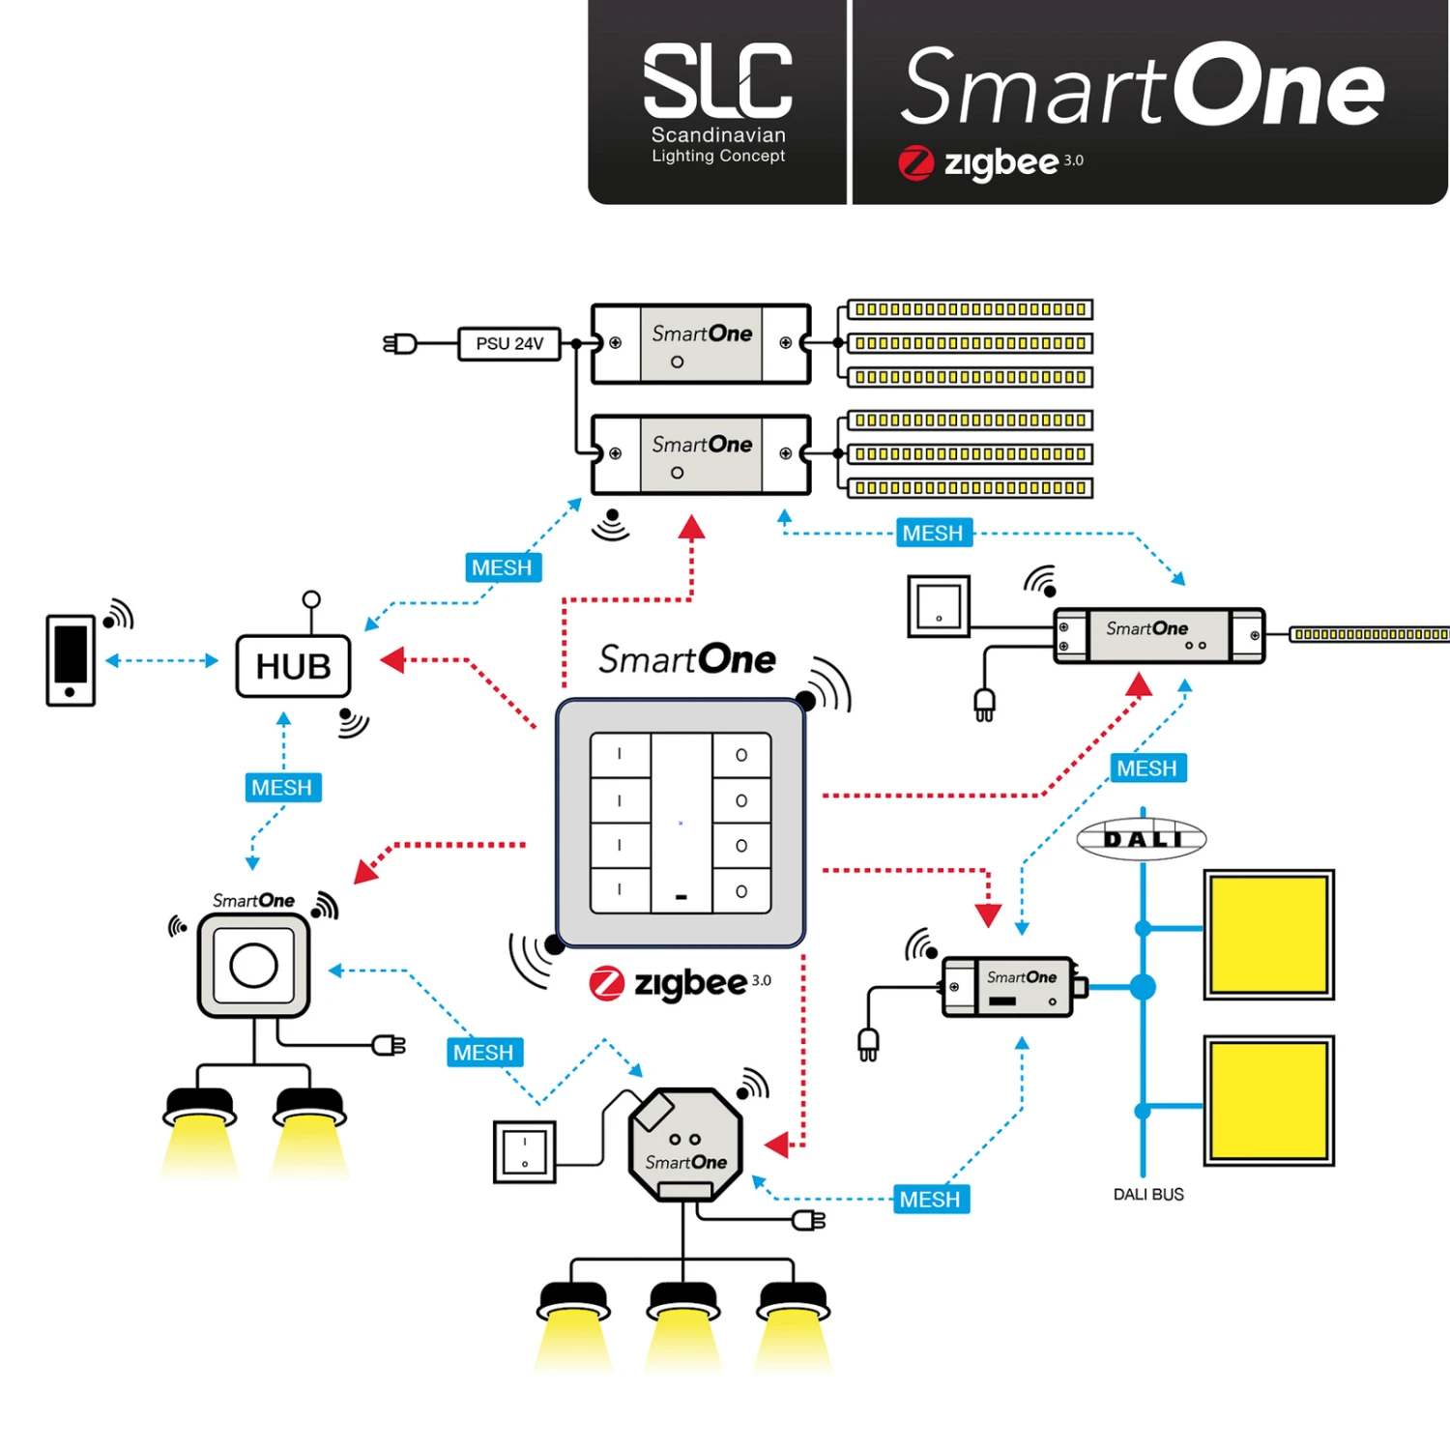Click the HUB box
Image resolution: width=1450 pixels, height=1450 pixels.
[x=293, y=666]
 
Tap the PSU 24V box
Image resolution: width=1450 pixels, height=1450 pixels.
[x=509, y=344]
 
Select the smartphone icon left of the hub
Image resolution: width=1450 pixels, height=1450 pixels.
[x=71, y=660]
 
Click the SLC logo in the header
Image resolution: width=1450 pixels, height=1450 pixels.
[x=717, y=101]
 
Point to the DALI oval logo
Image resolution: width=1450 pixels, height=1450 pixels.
[x=1142, y=838]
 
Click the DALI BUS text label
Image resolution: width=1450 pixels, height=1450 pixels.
[x=1147, y=1195]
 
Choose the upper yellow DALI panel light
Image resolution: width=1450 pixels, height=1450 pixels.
[x=1268, y=934]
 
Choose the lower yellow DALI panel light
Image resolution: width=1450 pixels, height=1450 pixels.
[x=1268, y=1100]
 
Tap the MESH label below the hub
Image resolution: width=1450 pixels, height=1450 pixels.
[x=282, y=788]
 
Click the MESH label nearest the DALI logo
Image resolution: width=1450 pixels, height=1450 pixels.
[x=1146, y=768]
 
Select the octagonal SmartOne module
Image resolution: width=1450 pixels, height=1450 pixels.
[x=685, y=1145]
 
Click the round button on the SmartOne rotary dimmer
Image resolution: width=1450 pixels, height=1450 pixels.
[x=253, y=965]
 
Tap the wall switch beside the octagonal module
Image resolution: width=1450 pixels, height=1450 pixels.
[x=524, y=1151]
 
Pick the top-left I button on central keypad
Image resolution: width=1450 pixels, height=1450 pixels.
[x=620, y=755]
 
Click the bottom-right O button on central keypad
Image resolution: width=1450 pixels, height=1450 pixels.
[x=741, y=891]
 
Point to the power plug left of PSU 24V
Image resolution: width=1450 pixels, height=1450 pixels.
[x=400, y=344]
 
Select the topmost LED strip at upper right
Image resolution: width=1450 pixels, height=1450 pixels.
[x=970, y=309]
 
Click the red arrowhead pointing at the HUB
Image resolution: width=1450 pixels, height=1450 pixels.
[x=392, y=660]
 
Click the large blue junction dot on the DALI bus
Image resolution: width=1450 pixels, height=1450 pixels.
[x=1143, y=987]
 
